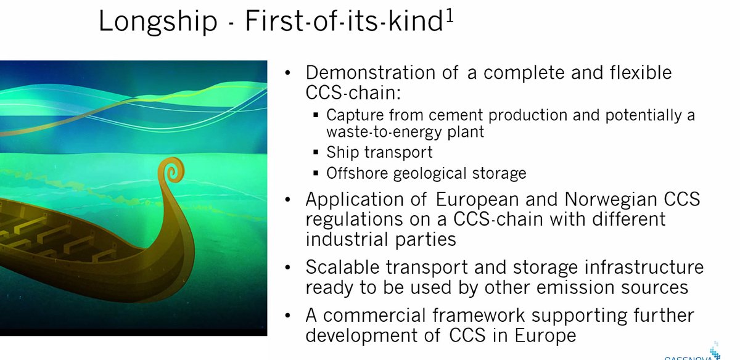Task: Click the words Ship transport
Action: pos(379,152)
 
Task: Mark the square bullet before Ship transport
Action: pos(315,153)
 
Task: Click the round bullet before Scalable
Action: pos(287,269)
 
